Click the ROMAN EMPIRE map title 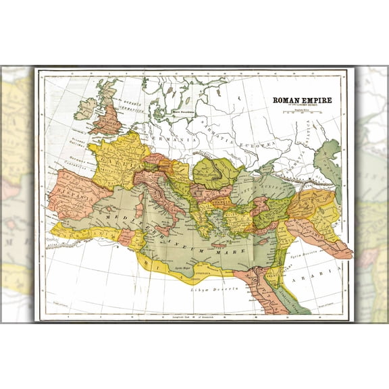click(302, 100)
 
